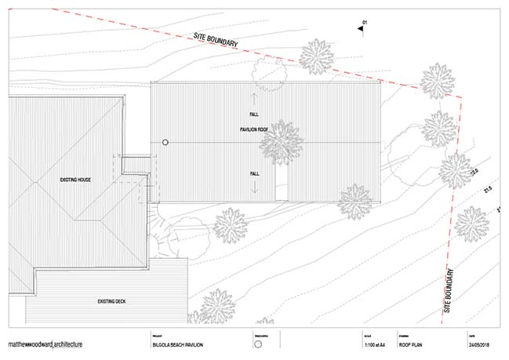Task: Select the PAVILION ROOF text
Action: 255,127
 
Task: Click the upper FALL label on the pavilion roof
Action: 254,115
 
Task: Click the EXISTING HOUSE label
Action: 76,180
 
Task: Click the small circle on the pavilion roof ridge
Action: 165,142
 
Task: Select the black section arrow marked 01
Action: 362,27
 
